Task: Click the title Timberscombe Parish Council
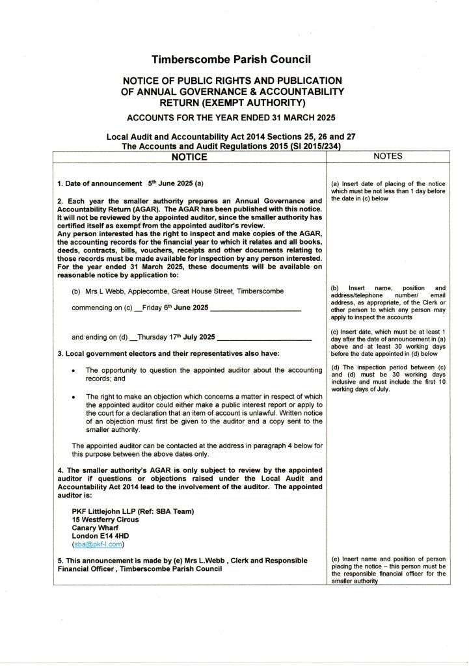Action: coord(232,60)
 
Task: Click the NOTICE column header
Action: coord(189,157)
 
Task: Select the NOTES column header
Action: coord(389,156)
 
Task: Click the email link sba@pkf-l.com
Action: coord(99,544)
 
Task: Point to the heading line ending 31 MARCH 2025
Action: coord(232,118)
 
